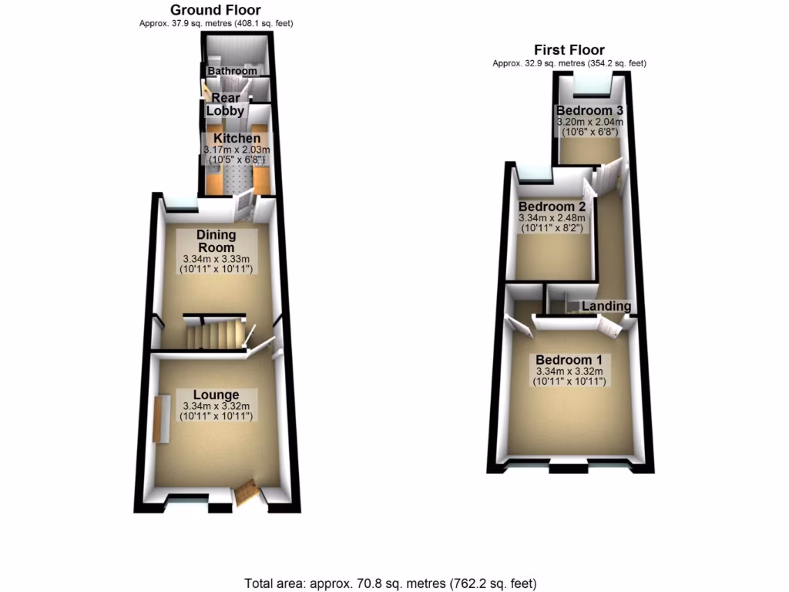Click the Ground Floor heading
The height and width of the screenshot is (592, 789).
click(x=215, y=10)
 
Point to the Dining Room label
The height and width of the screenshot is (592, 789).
click(x=215, y=240)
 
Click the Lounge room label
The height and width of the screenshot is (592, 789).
click(x=216, y=395)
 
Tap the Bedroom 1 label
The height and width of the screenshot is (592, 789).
click(x=573, y=360)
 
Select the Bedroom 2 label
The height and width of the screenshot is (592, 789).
click(x=552, y=207)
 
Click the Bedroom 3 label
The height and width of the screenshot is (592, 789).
click(x=589, y=109)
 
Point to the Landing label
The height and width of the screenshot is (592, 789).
click(x=606, y=306)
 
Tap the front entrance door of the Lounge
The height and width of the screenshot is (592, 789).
click(x=247, y=493)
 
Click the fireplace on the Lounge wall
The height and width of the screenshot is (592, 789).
click(x=162, y=419)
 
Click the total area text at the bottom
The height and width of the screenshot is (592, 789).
click(x=390, y=583)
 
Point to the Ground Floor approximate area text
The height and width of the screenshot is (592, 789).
click(x=215, y=24)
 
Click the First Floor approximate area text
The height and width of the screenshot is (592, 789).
click(x=569, y=63)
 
